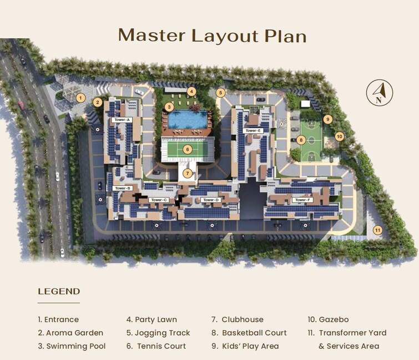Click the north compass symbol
click(x=379, y=93)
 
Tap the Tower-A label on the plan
click(x=121, y=120)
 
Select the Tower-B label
click(x=122, y=188)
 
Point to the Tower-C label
click(x=158, y=200)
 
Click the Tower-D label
click(x=211, y=200)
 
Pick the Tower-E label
click(x=252, y=130)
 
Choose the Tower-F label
click(x=304, y=200)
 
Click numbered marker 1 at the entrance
click(x=80, y=98)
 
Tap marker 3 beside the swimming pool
click(x=169, y=107)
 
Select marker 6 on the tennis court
click(x=188, y=149)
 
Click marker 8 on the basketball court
click(x=301, y=140)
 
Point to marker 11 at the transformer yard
click(x=377, y=230)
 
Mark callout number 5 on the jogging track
click(x=221, y=93)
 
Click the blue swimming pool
click(x=187, y=119)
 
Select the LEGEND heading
click(x=59, y=291)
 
